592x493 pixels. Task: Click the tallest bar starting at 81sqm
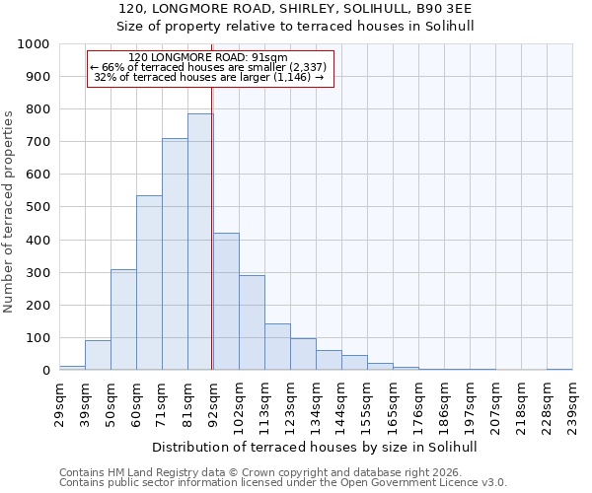pyautogui.click(x=200, y=242)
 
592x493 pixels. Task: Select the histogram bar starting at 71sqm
pyautogui.click(x=175, y=254)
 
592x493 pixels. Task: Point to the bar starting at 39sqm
pyautogui.click(x=98, y=355)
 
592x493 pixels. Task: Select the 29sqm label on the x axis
pyautogui.click(x=59, y=402)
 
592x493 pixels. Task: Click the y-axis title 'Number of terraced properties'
pyautogui.click(x=10, y=211)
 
